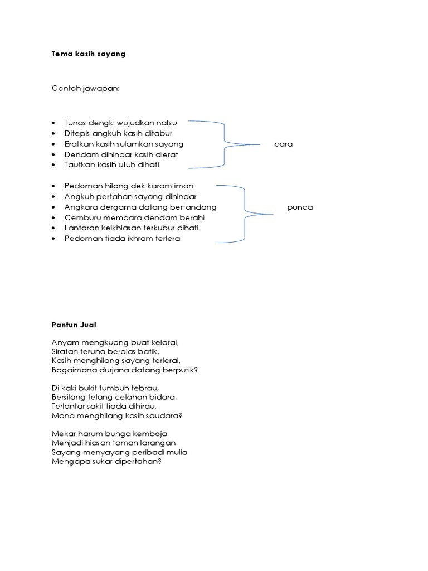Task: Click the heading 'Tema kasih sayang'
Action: [x=88, y=54]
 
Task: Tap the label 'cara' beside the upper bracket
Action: [x=283, y=144]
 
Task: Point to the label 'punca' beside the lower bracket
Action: [x=300, y=207]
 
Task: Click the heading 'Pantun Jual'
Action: [x=74, y=324]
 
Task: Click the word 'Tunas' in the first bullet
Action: [x=75, y=123]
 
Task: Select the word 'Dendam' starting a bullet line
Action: [x=78, y=154]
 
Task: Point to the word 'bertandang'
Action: [x=196, y=207]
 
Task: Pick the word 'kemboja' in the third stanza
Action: [x=150, y=433]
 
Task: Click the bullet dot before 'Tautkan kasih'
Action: [x=53, y=165]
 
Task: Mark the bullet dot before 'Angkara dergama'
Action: [x=53, y=207]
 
